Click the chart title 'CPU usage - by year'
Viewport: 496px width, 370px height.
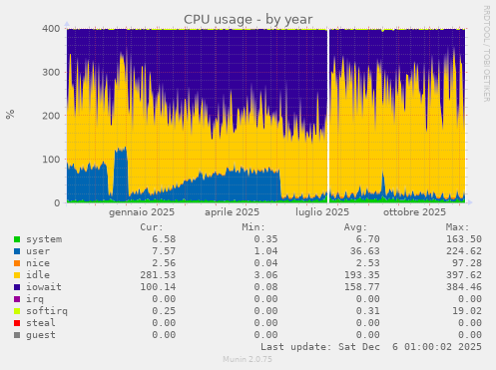248,19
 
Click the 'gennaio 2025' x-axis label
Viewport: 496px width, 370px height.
142,212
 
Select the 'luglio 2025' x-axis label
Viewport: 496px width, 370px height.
322,212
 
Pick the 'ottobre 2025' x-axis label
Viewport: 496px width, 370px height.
414,212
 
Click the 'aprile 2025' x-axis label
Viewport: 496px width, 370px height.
232,212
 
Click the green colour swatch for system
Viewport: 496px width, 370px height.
17,239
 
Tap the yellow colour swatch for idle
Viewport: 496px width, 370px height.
17,275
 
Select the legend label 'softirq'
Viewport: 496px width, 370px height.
45,311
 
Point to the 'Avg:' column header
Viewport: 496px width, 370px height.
369,226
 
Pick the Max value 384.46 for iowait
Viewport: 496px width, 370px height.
463,287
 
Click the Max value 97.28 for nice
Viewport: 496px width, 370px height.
466,263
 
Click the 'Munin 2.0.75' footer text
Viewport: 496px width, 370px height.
248,358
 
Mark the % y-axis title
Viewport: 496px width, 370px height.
11,115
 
